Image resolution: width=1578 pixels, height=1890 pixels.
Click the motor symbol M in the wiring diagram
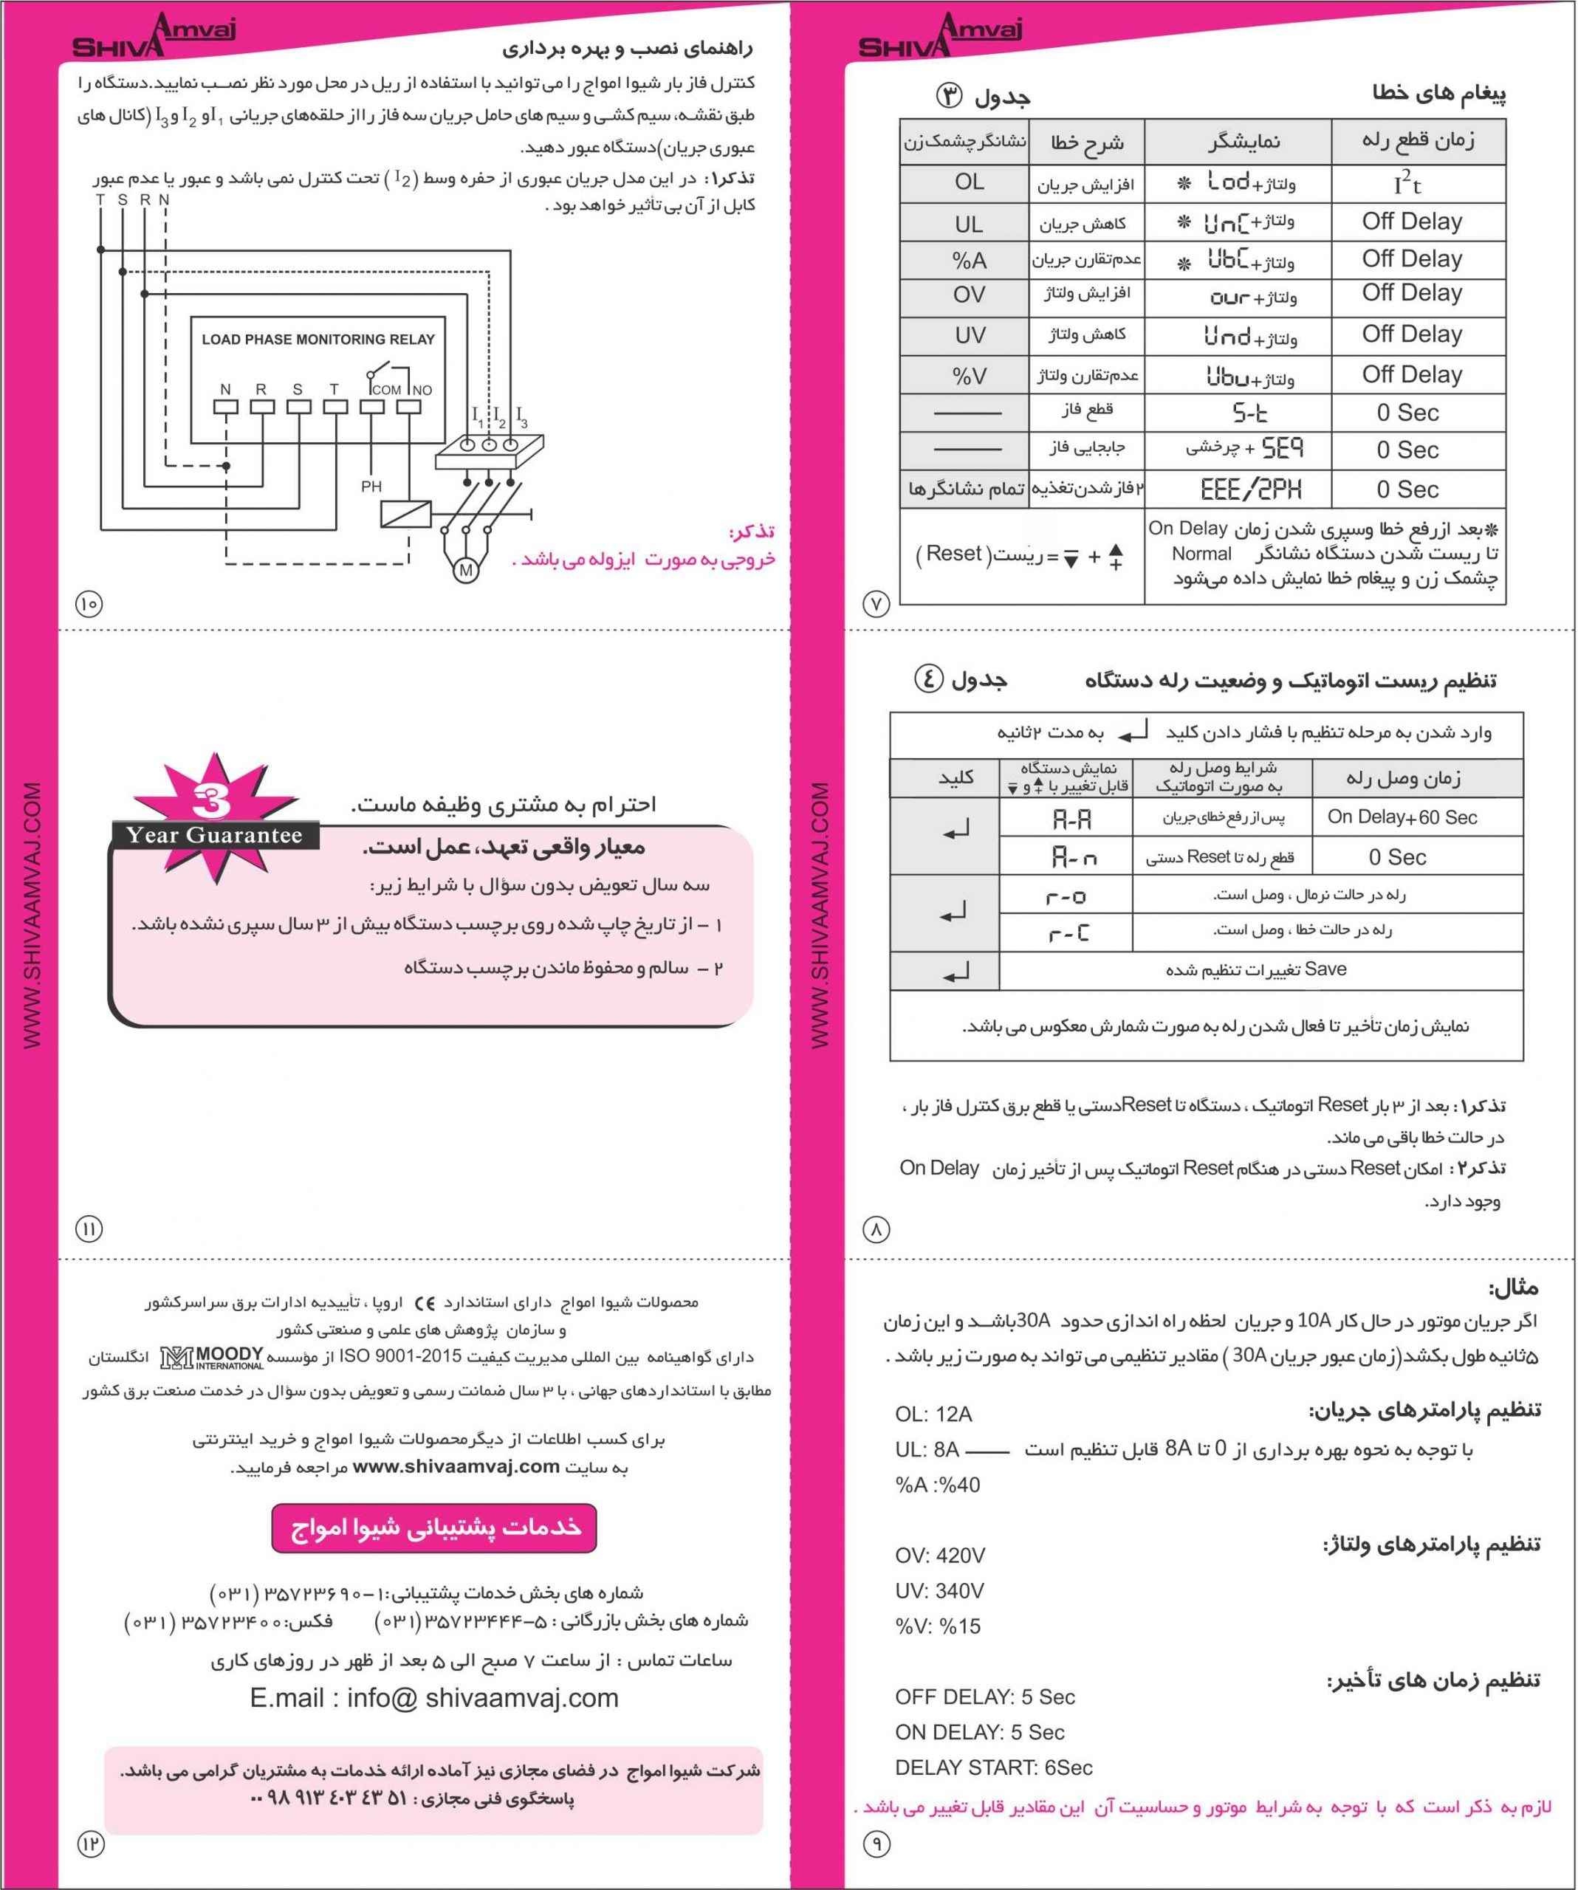(x=465, y=571)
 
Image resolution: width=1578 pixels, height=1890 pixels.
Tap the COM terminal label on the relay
(x=386, y=390)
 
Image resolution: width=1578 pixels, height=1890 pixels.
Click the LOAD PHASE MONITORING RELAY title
(x=318, y=340)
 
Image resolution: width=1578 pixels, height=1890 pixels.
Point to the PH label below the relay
(x=371, y=487)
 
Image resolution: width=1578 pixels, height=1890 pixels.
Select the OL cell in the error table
(x=969, y=182)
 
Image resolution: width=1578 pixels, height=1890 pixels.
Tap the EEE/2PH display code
(x=1250, y=489)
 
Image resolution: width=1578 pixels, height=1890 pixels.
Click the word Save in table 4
(x=1325, y=969)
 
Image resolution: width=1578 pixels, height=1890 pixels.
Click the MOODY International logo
(x=213, y=1356)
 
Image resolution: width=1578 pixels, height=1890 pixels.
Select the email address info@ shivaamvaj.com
(x=435, y=1697)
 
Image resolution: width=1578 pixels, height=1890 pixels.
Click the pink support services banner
(x=434, y=1528)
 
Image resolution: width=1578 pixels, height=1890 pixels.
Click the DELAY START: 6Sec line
(x=993, y=1767)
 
